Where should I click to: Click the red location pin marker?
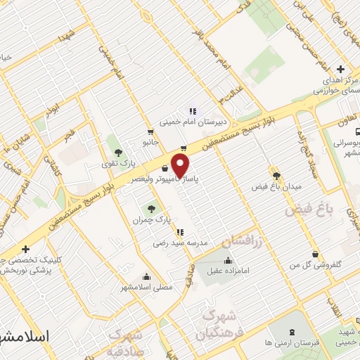[181, 166]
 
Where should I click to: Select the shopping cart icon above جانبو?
[150, 131]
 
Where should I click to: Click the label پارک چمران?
[148, 220]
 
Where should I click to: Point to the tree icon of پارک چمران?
[149, 209]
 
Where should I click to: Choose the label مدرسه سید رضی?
[181, 242]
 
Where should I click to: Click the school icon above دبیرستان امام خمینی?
[191, 110]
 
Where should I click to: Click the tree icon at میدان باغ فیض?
[275, 175]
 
